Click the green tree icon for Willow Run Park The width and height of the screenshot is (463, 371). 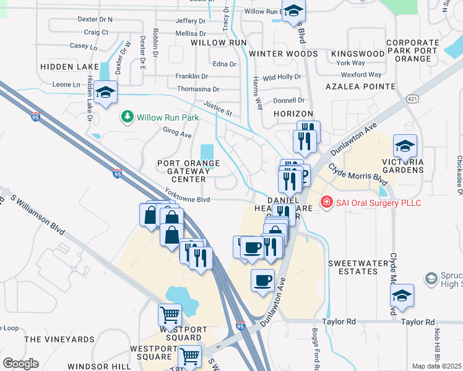tap(128, 116)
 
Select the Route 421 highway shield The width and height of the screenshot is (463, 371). tap(412, 98)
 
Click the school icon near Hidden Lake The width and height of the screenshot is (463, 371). tap(106, 93)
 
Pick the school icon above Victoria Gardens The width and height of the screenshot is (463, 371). tap(405, 146)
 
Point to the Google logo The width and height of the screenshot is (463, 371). tap(20, 364)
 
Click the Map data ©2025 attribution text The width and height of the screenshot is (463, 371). tap(437, 366)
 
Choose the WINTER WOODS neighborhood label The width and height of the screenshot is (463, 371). tap(283, 54)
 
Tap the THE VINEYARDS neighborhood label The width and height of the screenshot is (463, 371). tap(59, 339)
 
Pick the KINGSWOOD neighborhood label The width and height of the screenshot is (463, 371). tap(358, 54)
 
